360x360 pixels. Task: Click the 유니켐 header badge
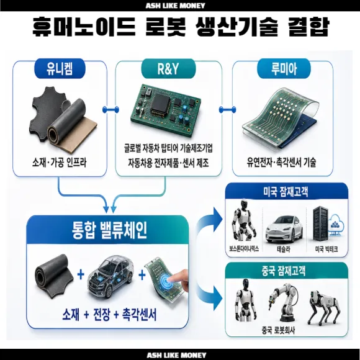(x=60, y=68)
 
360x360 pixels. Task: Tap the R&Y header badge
(x=168, y=68)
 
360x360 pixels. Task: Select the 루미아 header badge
(x=284, y=68)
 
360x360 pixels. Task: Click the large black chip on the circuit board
(x=161, y=104)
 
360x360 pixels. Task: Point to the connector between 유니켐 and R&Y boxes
(x=110, y=109)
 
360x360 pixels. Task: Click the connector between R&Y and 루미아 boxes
(x=227, y=109)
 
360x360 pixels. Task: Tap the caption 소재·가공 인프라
(x=59, y=163)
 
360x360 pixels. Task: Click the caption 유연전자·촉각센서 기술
(x=281, y=162)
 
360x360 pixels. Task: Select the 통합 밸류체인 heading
(x=109, y=230)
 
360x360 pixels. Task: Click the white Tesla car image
(x=284, y=229)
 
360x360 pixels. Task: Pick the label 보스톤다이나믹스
(x=244, y=249)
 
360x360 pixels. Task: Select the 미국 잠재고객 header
(x=286, y=191)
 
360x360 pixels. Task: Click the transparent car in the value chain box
(x=110, y=276)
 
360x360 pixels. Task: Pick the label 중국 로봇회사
(x=278, y=330)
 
